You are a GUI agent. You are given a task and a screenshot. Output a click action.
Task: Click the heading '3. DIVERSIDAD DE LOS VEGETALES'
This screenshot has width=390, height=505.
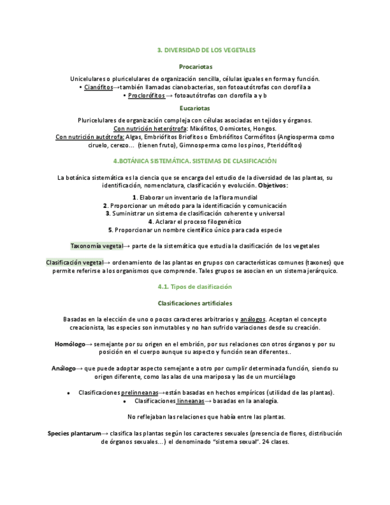click(206, 51)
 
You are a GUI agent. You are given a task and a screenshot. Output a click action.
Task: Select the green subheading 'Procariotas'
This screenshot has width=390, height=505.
click(195, 67)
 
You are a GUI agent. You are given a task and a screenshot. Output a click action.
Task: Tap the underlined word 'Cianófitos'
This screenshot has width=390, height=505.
click(98, 87)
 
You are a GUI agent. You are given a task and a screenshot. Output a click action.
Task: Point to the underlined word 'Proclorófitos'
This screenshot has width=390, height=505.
click(146, 95)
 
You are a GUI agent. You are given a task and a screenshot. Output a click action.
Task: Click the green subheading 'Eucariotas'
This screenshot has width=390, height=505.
click(195, 108)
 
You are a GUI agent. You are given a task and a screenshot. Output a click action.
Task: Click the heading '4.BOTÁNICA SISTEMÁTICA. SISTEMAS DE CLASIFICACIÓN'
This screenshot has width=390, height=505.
click(195, 161)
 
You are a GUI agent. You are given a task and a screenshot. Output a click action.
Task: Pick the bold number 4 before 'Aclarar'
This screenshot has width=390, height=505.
click(151, 222)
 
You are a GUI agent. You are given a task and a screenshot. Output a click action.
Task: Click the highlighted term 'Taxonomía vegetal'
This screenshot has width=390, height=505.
click(96, 246)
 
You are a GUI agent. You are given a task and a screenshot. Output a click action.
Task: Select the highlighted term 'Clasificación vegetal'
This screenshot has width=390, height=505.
click(74, 263)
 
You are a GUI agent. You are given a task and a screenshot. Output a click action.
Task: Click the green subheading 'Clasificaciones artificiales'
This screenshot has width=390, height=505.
click(195, 303)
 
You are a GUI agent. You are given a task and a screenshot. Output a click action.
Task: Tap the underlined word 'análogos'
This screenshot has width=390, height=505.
click(252, 320)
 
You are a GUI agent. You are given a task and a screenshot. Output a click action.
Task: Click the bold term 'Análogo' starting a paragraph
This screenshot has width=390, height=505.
click(63, 369)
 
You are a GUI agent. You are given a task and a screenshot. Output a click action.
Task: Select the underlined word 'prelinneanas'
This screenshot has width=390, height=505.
click(139, 393)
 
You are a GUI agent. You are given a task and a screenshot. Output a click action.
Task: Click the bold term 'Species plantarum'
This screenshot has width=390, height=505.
click(74, 434)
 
